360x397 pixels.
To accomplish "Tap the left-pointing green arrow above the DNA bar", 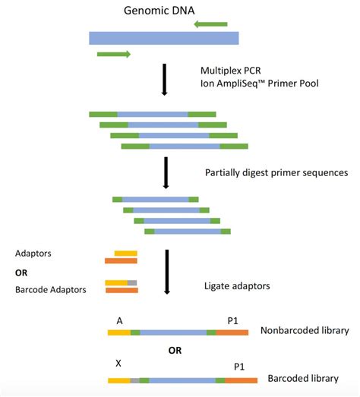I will point(211,24).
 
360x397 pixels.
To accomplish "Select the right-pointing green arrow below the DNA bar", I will point(114,54).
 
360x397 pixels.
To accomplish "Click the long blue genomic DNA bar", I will point(163,38).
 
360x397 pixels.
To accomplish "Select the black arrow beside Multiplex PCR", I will point(164,80).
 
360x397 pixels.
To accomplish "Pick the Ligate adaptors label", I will point(237,286).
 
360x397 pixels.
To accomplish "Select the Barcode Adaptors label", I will point(49,289).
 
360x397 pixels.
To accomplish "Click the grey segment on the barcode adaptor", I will point(132,283).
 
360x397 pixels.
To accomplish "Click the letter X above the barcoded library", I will point(118,364).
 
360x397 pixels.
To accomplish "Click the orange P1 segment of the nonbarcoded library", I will point(232,332).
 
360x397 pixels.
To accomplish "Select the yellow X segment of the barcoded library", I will point(118,379).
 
